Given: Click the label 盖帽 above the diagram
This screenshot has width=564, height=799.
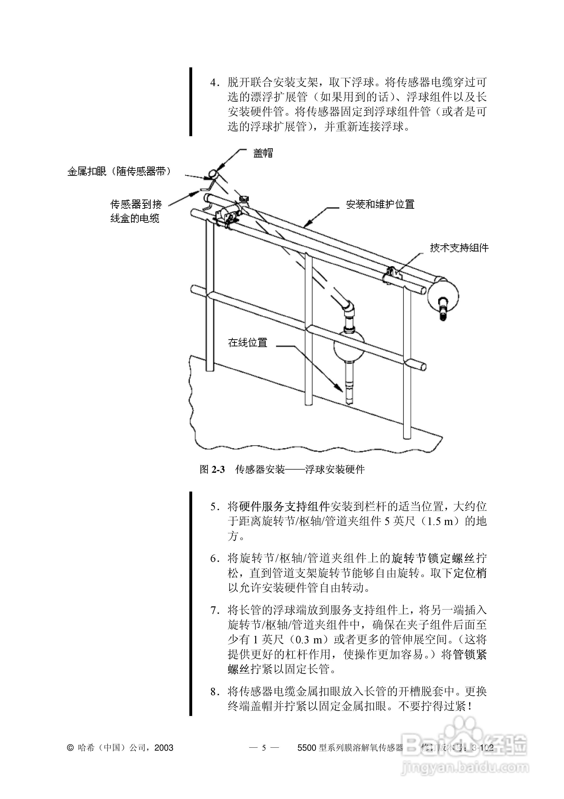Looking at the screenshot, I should coord(263,153).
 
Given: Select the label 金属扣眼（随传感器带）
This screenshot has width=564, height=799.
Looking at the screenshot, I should coord(119,172).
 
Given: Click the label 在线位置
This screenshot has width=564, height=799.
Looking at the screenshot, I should coord(248,343).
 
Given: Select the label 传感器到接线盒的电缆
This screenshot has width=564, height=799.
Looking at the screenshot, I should coord(136,211).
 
